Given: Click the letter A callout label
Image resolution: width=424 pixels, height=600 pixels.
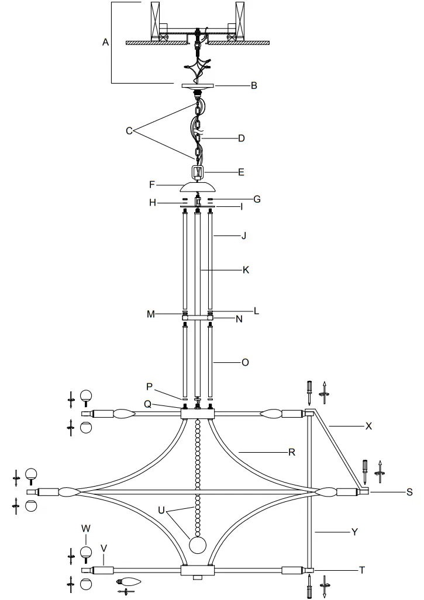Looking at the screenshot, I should coord(106,42).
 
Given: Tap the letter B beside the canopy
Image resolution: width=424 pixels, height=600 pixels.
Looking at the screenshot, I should coord(254,85).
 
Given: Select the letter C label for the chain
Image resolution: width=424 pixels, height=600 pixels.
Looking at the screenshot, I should coord(129,131).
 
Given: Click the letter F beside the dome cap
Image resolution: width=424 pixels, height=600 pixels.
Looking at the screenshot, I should coord(152,184).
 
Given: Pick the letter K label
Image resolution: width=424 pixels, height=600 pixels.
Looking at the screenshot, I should coord(246,270).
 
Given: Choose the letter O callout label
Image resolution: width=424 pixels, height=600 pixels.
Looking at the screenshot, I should coord(245,362).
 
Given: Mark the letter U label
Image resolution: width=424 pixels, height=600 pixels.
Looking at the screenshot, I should coord(161,509).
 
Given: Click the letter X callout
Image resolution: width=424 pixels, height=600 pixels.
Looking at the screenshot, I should coord(368,426).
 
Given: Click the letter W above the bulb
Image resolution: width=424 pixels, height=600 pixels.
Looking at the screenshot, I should coord(86,528).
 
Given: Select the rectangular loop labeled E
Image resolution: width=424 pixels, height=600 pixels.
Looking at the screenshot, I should coord(198,172).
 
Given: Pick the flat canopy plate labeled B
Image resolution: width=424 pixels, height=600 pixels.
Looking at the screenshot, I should coord(198,85).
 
